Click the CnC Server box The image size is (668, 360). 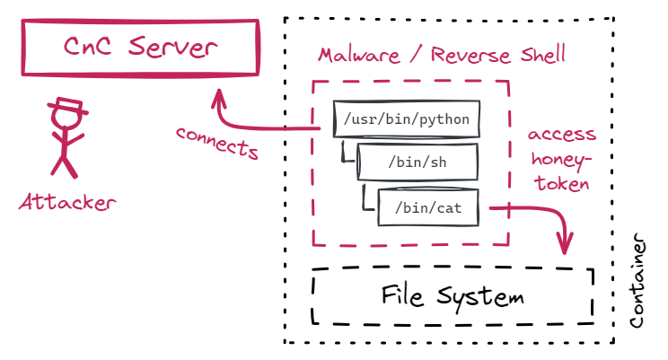click(141, 47)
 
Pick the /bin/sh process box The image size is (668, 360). click(417, 162)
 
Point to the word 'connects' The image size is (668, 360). click(218, 143)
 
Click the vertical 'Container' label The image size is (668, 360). click(638, 283)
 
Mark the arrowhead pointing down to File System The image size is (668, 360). click(565, 243)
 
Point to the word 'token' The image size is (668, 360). click(562, 184)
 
